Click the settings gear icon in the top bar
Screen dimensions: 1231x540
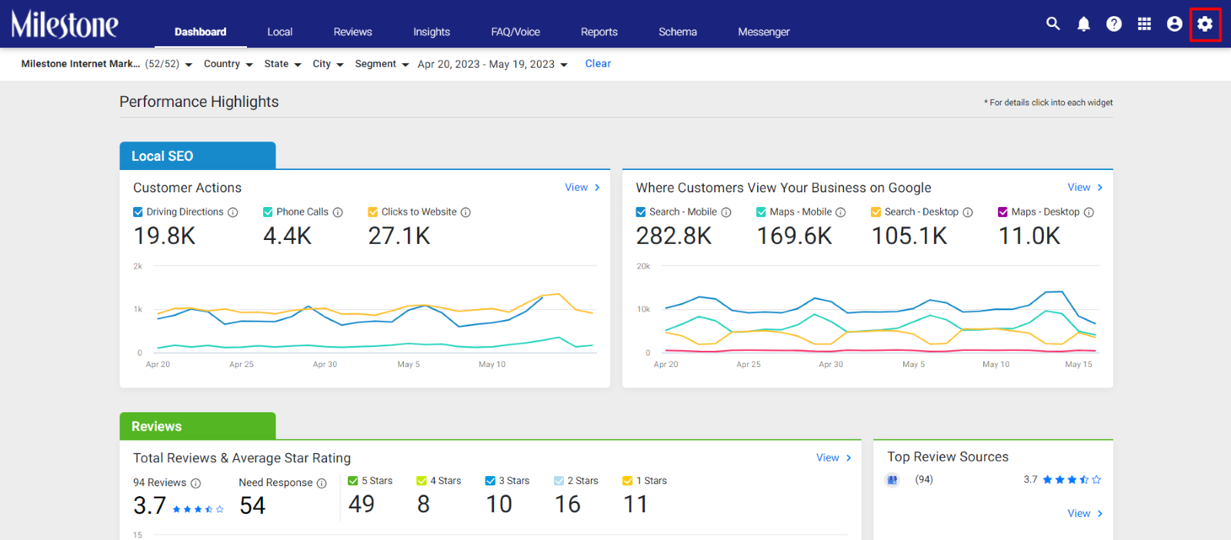1205,24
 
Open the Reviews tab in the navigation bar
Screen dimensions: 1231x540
352,32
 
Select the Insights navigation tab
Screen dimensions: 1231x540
432,32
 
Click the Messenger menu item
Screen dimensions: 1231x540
763,32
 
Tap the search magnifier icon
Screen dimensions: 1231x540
1053,24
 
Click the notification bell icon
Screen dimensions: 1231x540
1083,24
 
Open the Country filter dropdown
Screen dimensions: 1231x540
228,64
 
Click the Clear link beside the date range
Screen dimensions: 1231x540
597,64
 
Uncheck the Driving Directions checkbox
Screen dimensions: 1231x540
138,212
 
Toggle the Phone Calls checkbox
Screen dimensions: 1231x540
268,212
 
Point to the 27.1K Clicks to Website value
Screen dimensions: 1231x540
399,236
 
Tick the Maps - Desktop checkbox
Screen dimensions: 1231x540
1002,212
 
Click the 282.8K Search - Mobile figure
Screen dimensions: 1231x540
674,236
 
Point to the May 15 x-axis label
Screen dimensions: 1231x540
1078,364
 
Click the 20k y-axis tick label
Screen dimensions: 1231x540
643,266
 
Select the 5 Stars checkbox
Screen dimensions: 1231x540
353,481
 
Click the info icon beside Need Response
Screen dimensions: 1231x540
322,483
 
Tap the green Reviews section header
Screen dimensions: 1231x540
198,426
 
